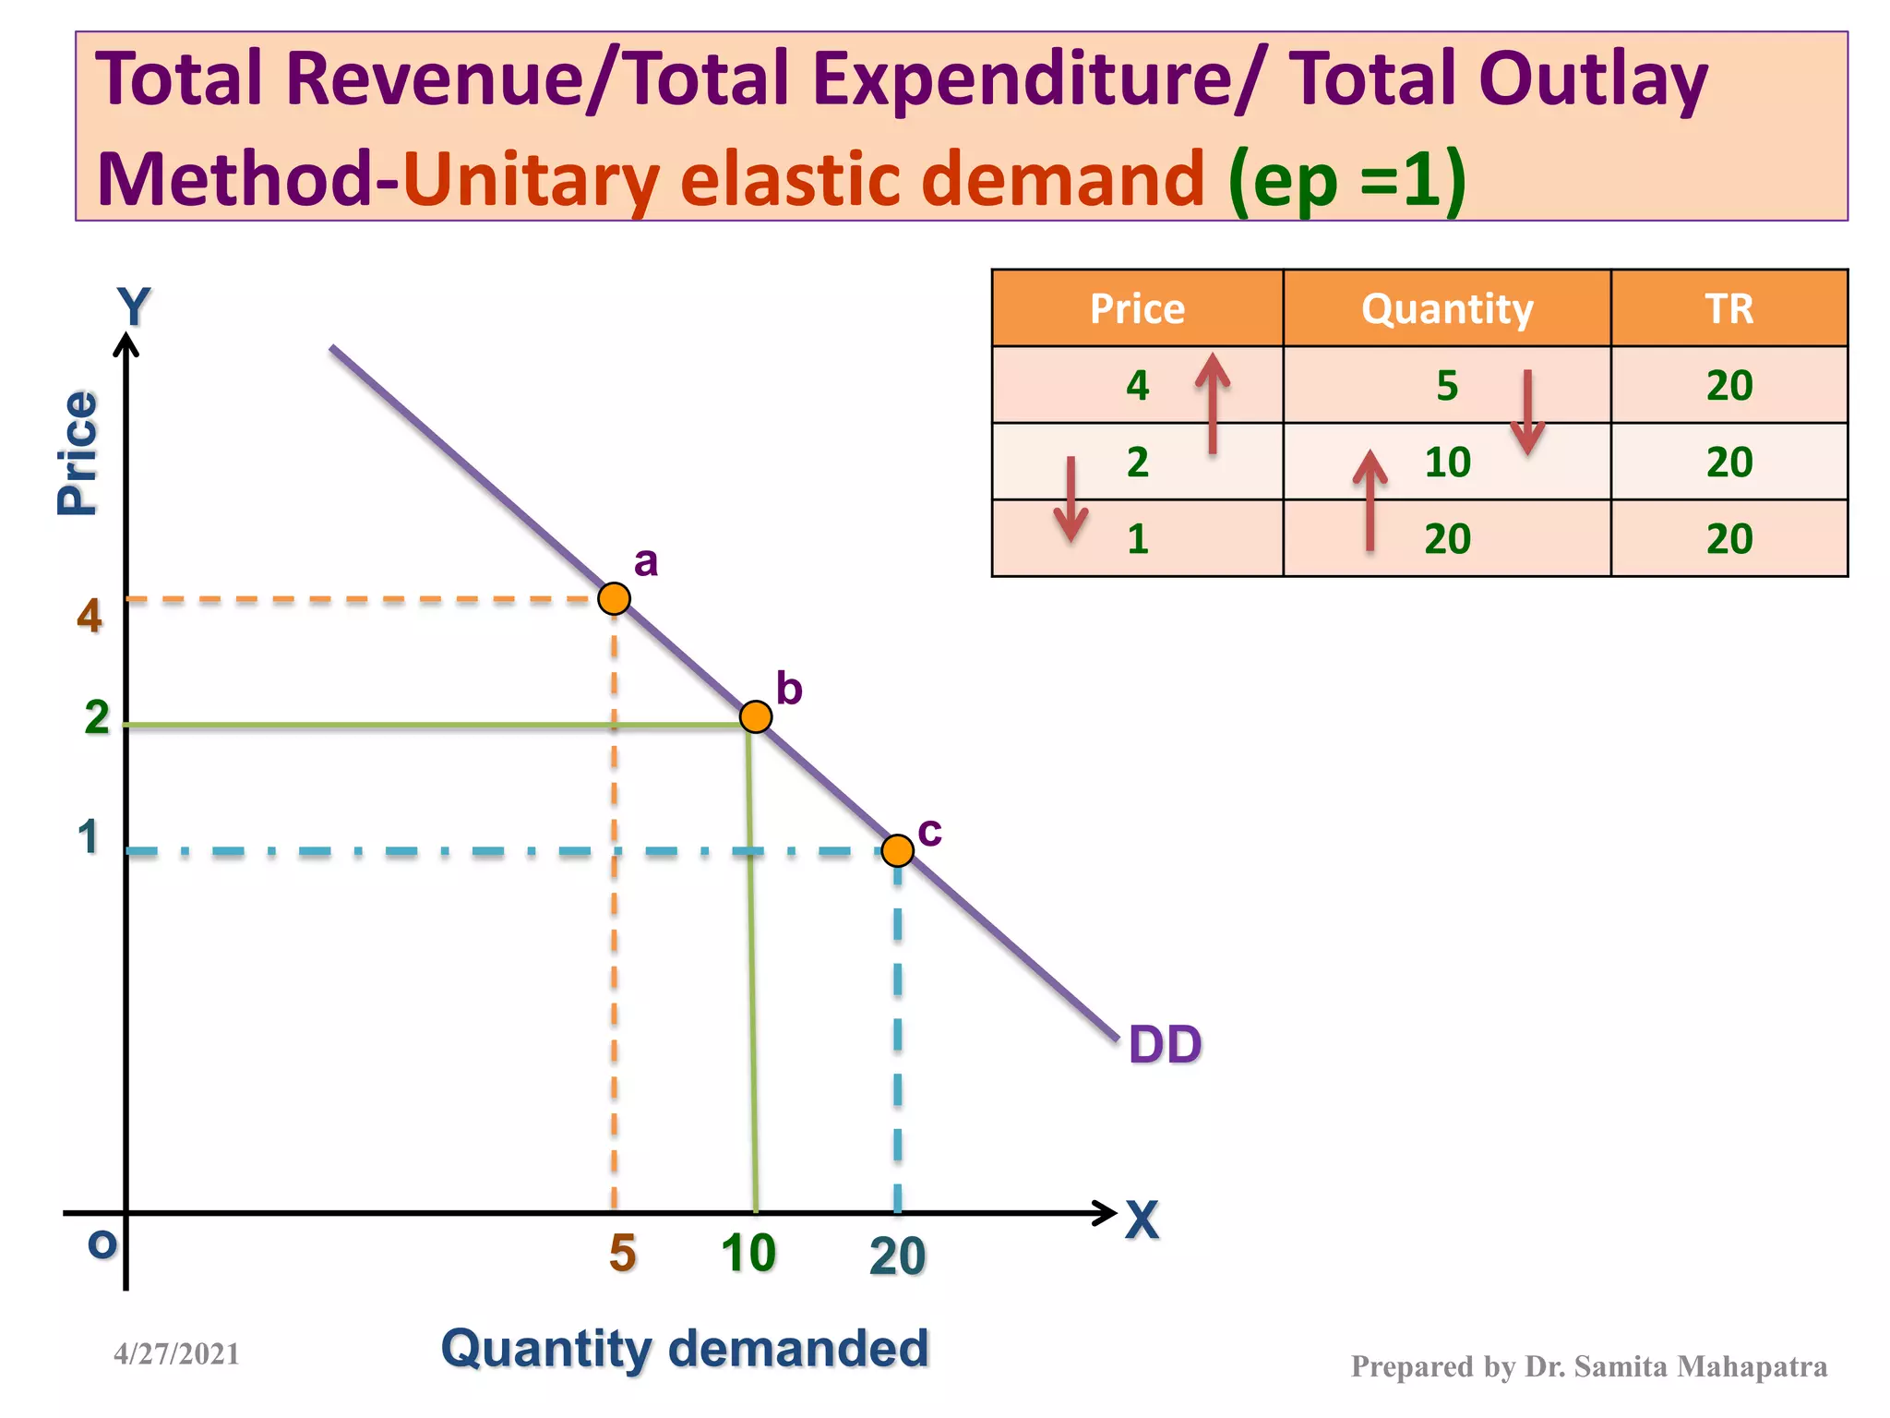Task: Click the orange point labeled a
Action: [x=614, y=598]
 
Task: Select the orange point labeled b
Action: [x=756, y=716]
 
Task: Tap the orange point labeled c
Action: [x=897, y=850]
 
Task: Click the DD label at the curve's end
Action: [x=1165, y=1045]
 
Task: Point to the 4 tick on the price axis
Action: [x=90, y=615]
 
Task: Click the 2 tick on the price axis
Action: [x=97, y=717]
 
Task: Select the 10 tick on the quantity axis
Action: [x=748, y=1254]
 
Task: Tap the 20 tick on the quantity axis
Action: [x=897, y=1256]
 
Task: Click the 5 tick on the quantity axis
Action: [x=623, y=1254]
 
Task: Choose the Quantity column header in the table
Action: [x=1446, y=308]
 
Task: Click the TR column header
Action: [x=1729, y=308]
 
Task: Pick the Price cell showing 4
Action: [x=1137, y=385]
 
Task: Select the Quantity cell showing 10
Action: [x=1446, y=462]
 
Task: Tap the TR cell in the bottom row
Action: [x=1729, y=538]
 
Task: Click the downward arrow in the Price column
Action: [x=1071, y=499]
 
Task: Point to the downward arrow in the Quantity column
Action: [x=1527, y=412]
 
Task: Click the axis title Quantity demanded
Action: [x=685, y=1348]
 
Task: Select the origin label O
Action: [x=102, y=1244]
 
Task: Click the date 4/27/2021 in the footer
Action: [x=176, y=1353]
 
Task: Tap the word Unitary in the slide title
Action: [x=531, y=179]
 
